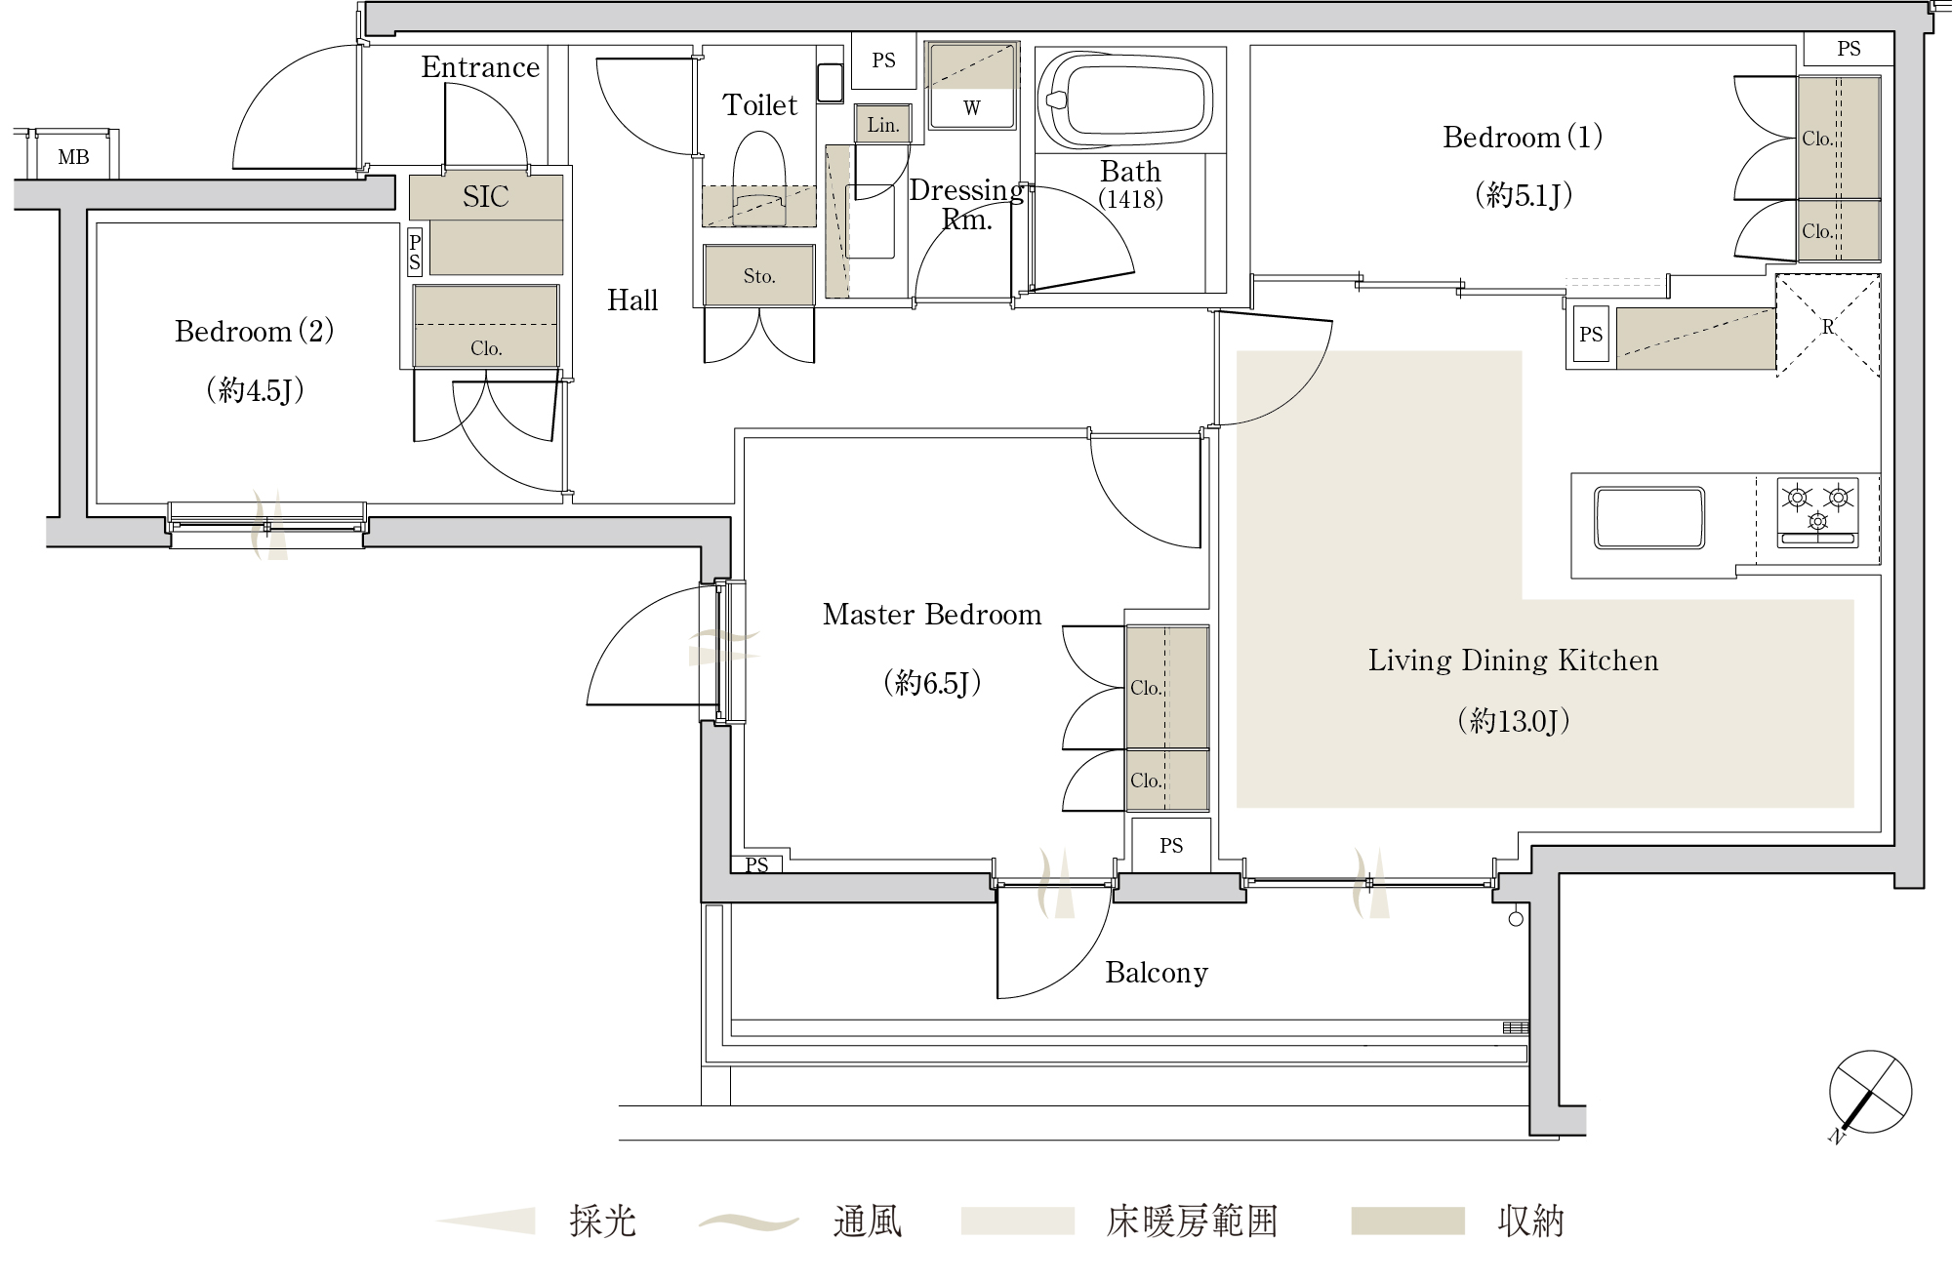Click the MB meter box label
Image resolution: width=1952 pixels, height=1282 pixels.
[73, 157]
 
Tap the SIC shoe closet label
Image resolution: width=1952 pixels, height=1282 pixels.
[486, 197]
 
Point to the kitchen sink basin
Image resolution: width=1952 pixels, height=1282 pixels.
[1649, 518]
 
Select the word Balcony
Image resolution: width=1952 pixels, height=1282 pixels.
[1157, 973]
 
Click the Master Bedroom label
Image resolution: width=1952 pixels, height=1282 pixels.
[932, 615]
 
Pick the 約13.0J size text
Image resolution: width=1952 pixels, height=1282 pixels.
[1513, 721]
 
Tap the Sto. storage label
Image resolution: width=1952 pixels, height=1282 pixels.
[759, 276]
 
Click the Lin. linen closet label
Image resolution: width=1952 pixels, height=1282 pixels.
[883, 125]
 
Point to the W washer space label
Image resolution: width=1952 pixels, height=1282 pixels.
[972, 108]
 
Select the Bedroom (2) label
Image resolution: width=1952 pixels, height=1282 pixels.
[255, 332]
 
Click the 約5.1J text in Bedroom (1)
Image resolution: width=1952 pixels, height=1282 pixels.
[1524, 196]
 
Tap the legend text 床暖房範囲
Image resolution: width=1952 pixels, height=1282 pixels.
[1193, 1222]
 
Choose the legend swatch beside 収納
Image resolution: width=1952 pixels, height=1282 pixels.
[1407, 1222]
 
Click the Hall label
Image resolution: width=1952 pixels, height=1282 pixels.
[632, 300]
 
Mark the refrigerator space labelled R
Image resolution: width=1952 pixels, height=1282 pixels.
[1828, 326]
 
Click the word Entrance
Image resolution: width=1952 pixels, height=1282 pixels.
[480, 67]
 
